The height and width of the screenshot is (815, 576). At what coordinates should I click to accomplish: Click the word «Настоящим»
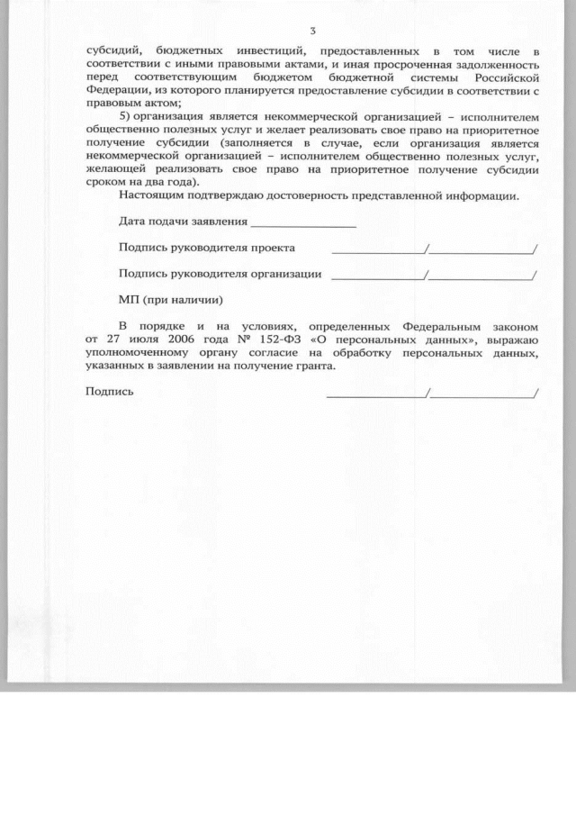coord(148,195)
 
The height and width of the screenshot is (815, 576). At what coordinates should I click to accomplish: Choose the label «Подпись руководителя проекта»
coord(206,248)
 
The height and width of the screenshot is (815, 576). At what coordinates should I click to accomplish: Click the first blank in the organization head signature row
coord(378,277)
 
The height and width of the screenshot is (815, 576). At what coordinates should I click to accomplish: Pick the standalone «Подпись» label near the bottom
coord(109,392)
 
